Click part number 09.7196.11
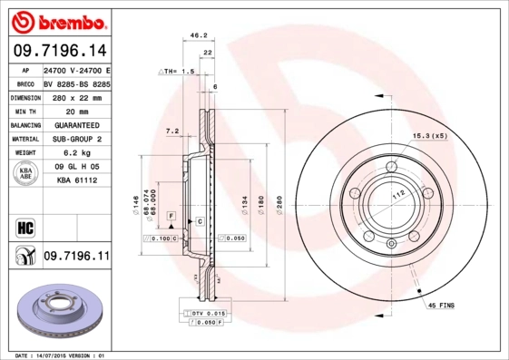coord(75,257)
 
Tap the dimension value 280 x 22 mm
coord(75,97)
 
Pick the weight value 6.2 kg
coord(75,153)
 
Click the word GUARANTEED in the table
coord(75,125)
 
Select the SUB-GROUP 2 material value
coord(75,139)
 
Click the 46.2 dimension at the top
coord(194,36)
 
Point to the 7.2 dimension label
coord(171,131)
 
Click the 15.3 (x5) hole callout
coord(430,135)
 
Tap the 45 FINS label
coord(442,306)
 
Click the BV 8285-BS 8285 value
coord(76,83)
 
